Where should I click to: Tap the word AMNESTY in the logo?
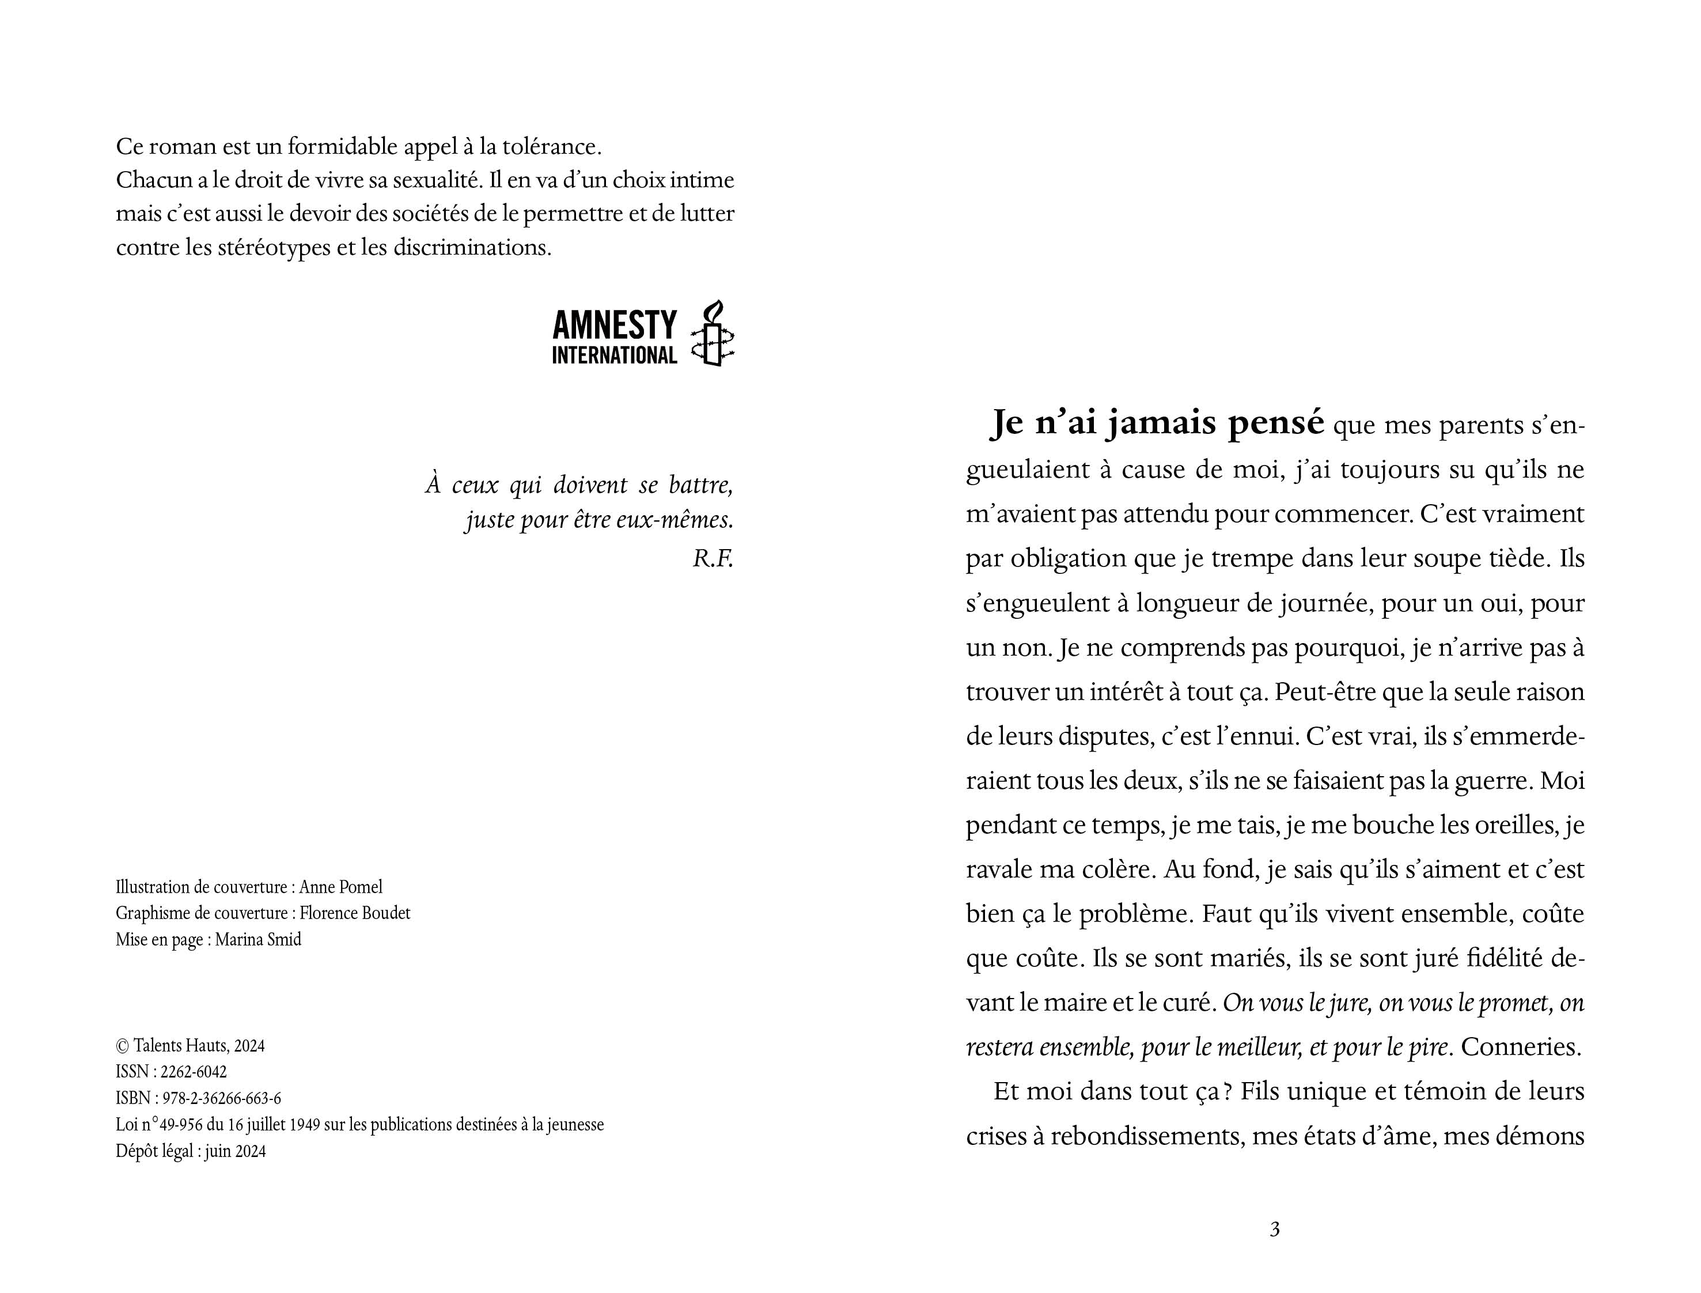[614, 326]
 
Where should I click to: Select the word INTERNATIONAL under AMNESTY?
[614, 356]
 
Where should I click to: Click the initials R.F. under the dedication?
[713, 559]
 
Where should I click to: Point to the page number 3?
[1275, 1230]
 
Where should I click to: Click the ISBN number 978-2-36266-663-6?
[222, 1098]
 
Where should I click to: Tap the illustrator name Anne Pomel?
[341, 887]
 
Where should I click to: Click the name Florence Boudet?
[355, 913]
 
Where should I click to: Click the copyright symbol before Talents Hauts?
[122, 1046]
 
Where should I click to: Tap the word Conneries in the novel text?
[1520, 1048]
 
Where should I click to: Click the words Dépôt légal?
[154, 1151]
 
